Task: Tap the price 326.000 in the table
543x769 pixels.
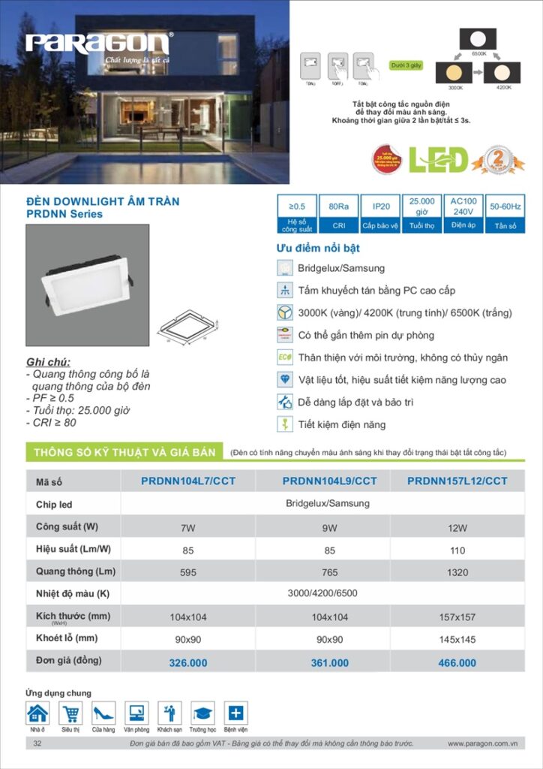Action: pos(187,663)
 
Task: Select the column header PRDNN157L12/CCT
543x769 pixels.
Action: pos(457,481)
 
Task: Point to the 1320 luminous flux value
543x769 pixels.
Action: pos(457,572)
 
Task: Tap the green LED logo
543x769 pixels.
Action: pos(438,159)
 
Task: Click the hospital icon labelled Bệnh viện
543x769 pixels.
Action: pos(235,713)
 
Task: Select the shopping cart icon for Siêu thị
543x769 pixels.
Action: pos(70,713)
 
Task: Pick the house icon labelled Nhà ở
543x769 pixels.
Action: pos(37,713)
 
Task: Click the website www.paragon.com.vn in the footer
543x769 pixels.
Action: pos(483,743)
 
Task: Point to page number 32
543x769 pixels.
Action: pos(37,743)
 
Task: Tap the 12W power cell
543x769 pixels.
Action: pos(457,528)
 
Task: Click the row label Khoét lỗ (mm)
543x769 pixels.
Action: pos(67,638)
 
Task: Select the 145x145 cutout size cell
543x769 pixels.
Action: pos(457,640)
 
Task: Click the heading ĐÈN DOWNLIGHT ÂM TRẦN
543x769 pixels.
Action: pos(103,202)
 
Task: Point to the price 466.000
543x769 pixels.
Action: pos(457,663)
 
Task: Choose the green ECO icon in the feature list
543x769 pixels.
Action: pos(285,357)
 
